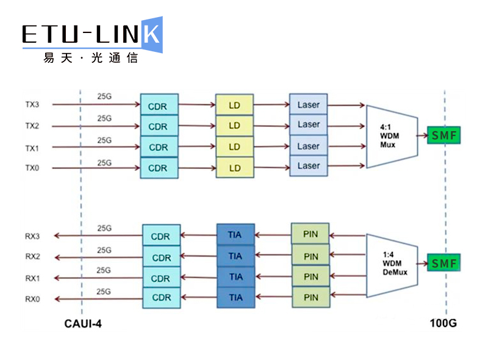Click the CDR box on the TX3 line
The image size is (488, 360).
pos(159,104)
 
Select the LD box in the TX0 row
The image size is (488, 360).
pos(235,168)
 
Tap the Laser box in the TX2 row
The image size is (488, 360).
pos(309,124)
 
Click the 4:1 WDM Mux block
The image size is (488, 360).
pos(392,137)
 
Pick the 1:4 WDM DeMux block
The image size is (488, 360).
pos(392,265)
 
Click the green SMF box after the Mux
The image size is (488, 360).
pos(444,135)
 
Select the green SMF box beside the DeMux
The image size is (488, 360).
pos(444,263)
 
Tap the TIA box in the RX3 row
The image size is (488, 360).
pos(235,234)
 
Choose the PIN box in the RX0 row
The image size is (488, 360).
pos(311,297)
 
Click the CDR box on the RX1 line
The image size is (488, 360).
pos(162,277)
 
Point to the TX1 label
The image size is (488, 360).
pos(32,148)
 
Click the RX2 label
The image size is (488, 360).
pos(33,256)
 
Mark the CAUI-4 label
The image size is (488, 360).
pos(83,324)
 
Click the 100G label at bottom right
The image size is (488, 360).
pos(443,323)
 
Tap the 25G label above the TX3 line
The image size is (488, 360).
pos(104,96)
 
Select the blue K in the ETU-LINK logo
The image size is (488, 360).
pos(152,35)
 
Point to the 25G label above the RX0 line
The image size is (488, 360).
pos(104,292)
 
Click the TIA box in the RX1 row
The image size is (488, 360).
pos(235,276)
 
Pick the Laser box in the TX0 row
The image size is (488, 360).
pos(309,166)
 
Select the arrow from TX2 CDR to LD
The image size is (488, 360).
pos(197,126)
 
